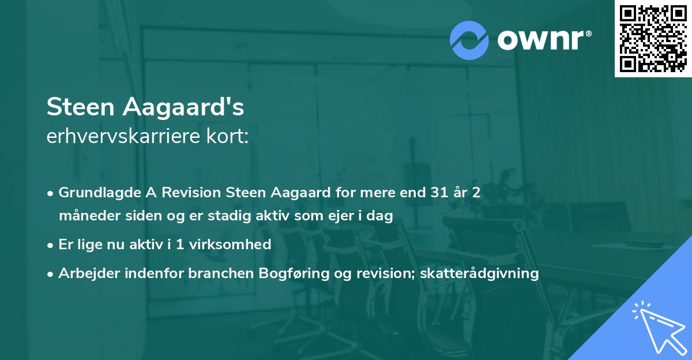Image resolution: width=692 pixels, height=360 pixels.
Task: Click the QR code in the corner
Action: (653, 38)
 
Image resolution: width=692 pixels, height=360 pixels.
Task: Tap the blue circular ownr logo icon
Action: (470, 40)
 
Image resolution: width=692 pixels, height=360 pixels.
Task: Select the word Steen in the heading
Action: (78, 107)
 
